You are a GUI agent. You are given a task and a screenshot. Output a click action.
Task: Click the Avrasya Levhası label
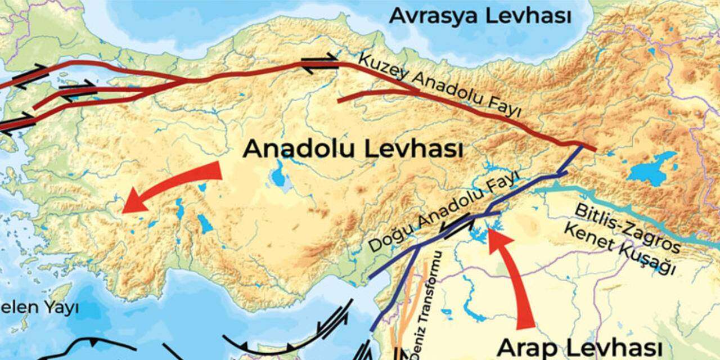coord(480,16)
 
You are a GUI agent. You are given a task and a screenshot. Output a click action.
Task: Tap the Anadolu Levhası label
coord(353,150)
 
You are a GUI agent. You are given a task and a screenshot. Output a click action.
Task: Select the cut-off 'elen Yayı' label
coord(39,308)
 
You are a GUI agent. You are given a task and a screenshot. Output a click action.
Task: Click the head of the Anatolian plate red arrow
coord(132,202)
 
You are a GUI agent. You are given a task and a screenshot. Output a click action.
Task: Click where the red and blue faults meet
coord(582,146)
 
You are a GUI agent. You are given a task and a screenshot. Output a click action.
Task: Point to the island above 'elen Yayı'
coord(59,292)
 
